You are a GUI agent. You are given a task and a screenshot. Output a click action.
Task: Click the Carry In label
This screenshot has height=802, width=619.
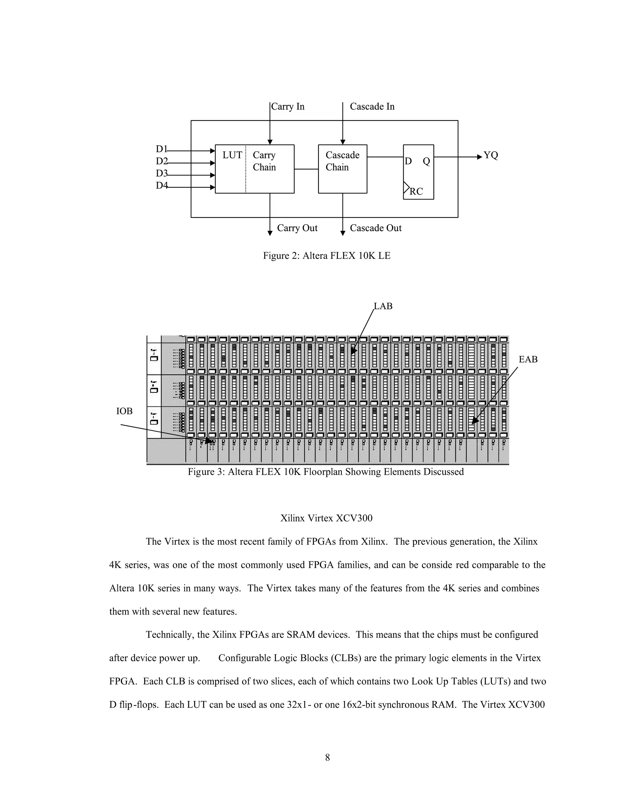pos(287,107)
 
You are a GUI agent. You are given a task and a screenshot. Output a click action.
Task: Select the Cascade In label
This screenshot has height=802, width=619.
pos(372,107)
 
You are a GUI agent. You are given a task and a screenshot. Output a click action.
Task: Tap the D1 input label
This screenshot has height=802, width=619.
pos(161,149)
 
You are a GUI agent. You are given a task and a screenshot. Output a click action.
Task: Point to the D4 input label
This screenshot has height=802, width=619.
pos(161,186)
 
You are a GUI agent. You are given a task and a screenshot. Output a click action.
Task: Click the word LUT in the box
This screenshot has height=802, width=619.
pos(232,155)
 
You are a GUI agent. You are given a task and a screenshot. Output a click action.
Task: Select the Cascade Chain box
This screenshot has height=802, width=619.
pos(342,169)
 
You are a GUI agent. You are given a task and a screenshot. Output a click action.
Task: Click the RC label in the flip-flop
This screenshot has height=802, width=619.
pos(416,191)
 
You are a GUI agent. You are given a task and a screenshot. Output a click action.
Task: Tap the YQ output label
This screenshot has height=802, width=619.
pos(491,155)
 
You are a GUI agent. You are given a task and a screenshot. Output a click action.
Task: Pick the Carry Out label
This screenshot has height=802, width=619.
pos(297,228)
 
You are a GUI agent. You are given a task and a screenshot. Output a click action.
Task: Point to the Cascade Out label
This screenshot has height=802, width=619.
pos(375,228)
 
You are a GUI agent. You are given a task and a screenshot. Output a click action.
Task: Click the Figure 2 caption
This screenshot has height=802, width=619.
pos(326,256)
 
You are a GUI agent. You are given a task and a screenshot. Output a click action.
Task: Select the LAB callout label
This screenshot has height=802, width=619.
pos(383,306)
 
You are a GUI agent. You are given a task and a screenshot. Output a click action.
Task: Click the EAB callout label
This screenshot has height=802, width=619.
pos(528,360)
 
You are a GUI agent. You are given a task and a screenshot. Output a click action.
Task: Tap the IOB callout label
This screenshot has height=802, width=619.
pos(124,411)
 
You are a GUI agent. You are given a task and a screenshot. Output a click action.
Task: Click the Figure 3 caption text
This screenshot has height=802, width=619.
pos(326,472)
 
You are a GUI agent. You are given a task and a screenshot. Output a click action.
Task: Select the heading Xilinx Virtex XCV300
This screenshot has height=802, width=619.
pos(326,518)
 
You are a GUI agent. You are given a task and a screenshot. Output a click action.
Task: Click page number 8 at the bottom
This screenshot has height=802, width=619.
pos(327,758)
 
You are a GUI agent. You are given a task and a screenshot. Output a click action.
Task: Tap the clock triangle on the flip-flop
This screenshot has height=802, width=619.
pos(406,188)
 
